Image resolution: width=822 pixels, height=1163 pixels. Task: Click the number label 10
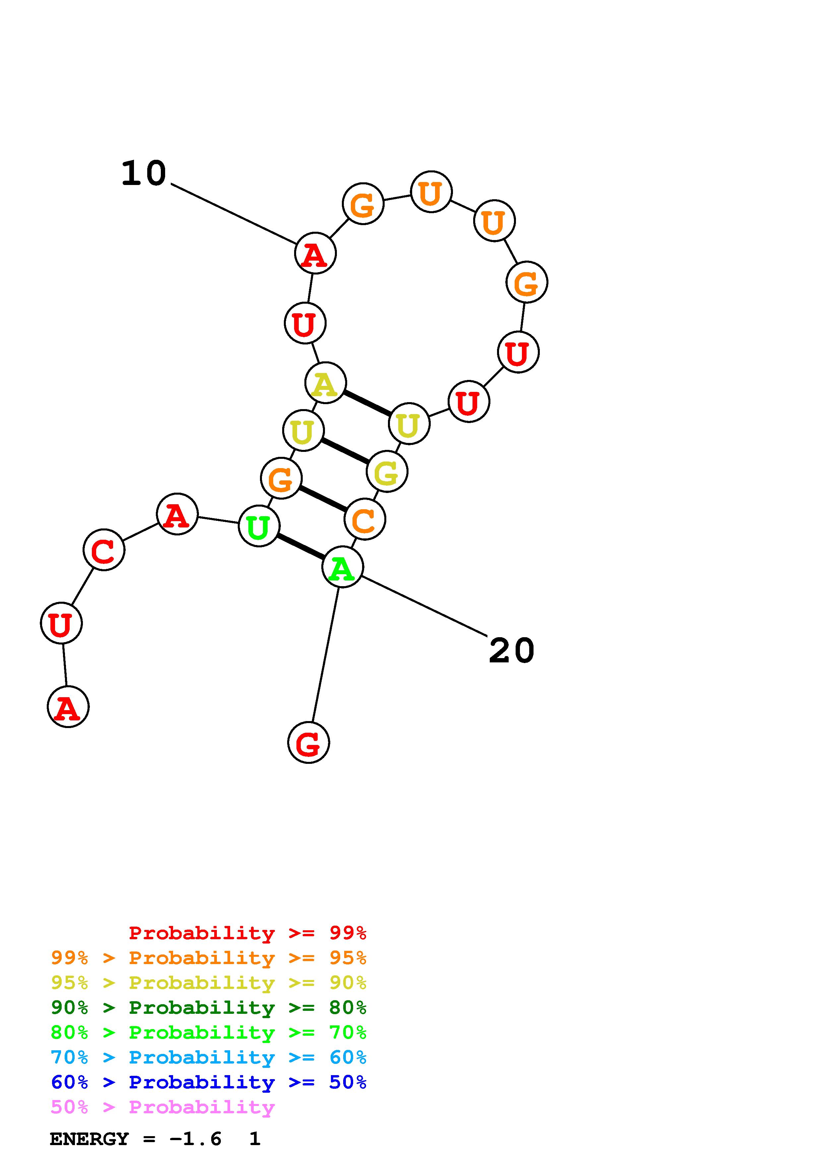point(144,174)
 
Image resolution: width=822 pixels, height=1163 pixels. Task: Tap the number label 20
point(512,651)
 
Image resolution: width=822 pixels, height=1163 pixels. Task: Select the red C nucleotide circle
point(104,550)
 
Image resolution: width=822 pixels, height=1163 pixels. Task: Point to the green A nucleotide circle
point(343,567)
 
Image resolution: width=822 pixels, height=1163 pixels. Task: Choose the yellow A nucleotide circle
point(326,383)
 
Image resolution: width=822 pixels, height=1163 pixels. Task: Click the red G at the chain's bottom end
point(308,743)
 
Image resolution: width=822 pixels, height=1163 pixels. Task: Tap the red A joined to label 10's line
point(315,253)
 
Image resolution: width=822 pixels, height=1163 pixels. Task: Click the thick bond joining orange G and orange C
point(323,499)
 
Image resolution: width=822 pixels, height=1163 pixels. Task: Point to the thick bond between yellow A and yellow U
point(367,403)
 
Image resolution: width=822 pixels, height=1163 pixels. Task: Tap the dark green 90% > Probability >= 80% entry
point(209,1008)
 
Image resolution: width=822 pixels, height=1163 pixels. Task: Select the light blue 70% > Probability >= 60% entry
point(209,1058)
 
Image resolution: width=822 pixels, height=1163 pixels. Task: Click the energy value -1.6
point(196,1139)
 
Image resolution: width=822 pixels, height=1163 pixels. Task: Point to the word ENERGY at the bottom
point(89,1139)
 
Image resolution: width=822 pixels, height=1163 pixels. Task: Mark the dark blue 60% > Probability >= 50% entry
point(209,1082)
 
